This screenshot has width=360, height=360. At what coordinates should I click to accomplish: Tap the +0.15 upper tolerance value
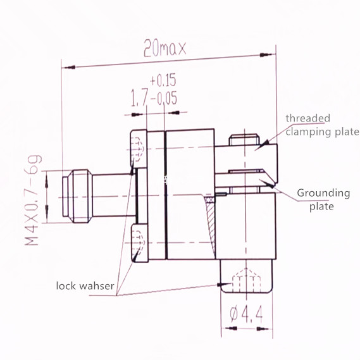(x=163, y=80)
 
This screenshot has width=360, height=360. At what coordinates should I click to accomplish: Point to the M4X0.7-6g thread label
(x=31, y=197)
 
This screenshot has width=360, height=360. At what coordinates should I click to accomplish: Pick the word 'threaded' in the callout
(x=306, y=118)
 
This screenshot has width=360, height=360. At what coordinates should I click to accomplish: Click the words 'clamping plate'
(x=321, y=132)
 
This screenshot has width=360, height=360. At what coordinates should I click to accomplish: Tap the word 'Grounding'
(x=323, y=193)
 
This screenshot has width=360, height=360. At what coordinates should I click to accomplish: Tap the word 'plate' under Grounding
(x=321, y=206)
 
